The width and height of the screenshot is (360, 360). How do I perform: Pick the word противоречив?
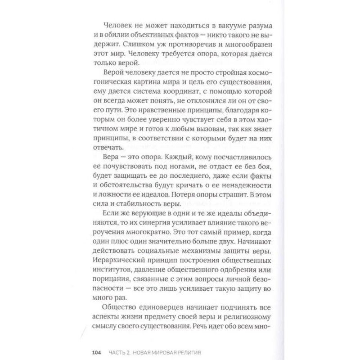(182, 44)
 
